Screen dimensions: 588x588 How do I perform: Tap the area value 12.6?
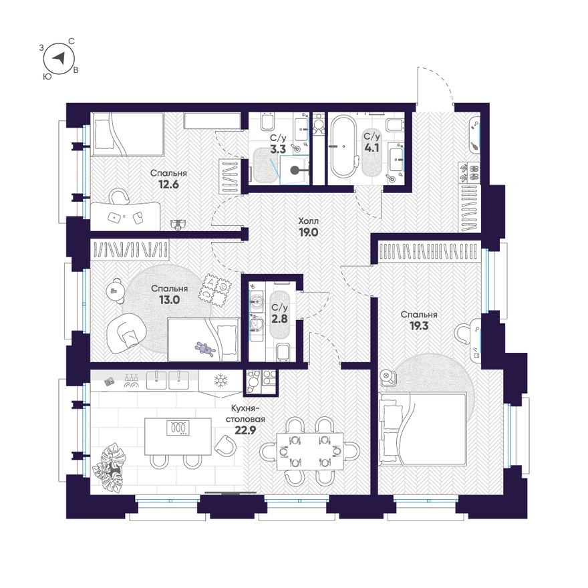(x=168, y=184)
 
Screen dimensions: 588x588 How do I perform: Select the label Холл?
(x=308, y=221)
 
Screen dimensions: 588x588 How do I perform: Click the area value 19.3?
(x=419, y=326)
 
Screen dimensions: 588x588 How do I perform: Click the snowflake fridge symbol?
(x=220, y=381)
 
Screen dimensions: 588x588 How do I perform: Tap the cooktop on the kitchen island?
(x=178, y=428)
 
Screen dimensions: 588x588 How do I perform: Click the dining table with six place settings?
(x=310, y=451)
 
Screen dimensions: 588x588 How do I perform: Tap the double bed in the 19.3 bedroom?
(x=422, y=428)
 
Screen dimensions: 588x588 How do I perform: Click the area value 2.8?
(x=280, y=319)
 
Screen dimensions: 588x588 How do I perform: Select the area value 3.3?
(x=278, y=149)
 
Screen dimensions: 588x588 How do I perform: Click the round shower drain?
(x=295, y=170)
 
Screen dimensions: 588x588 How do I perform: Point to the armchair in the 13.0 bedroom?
(x=124, y=333)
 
